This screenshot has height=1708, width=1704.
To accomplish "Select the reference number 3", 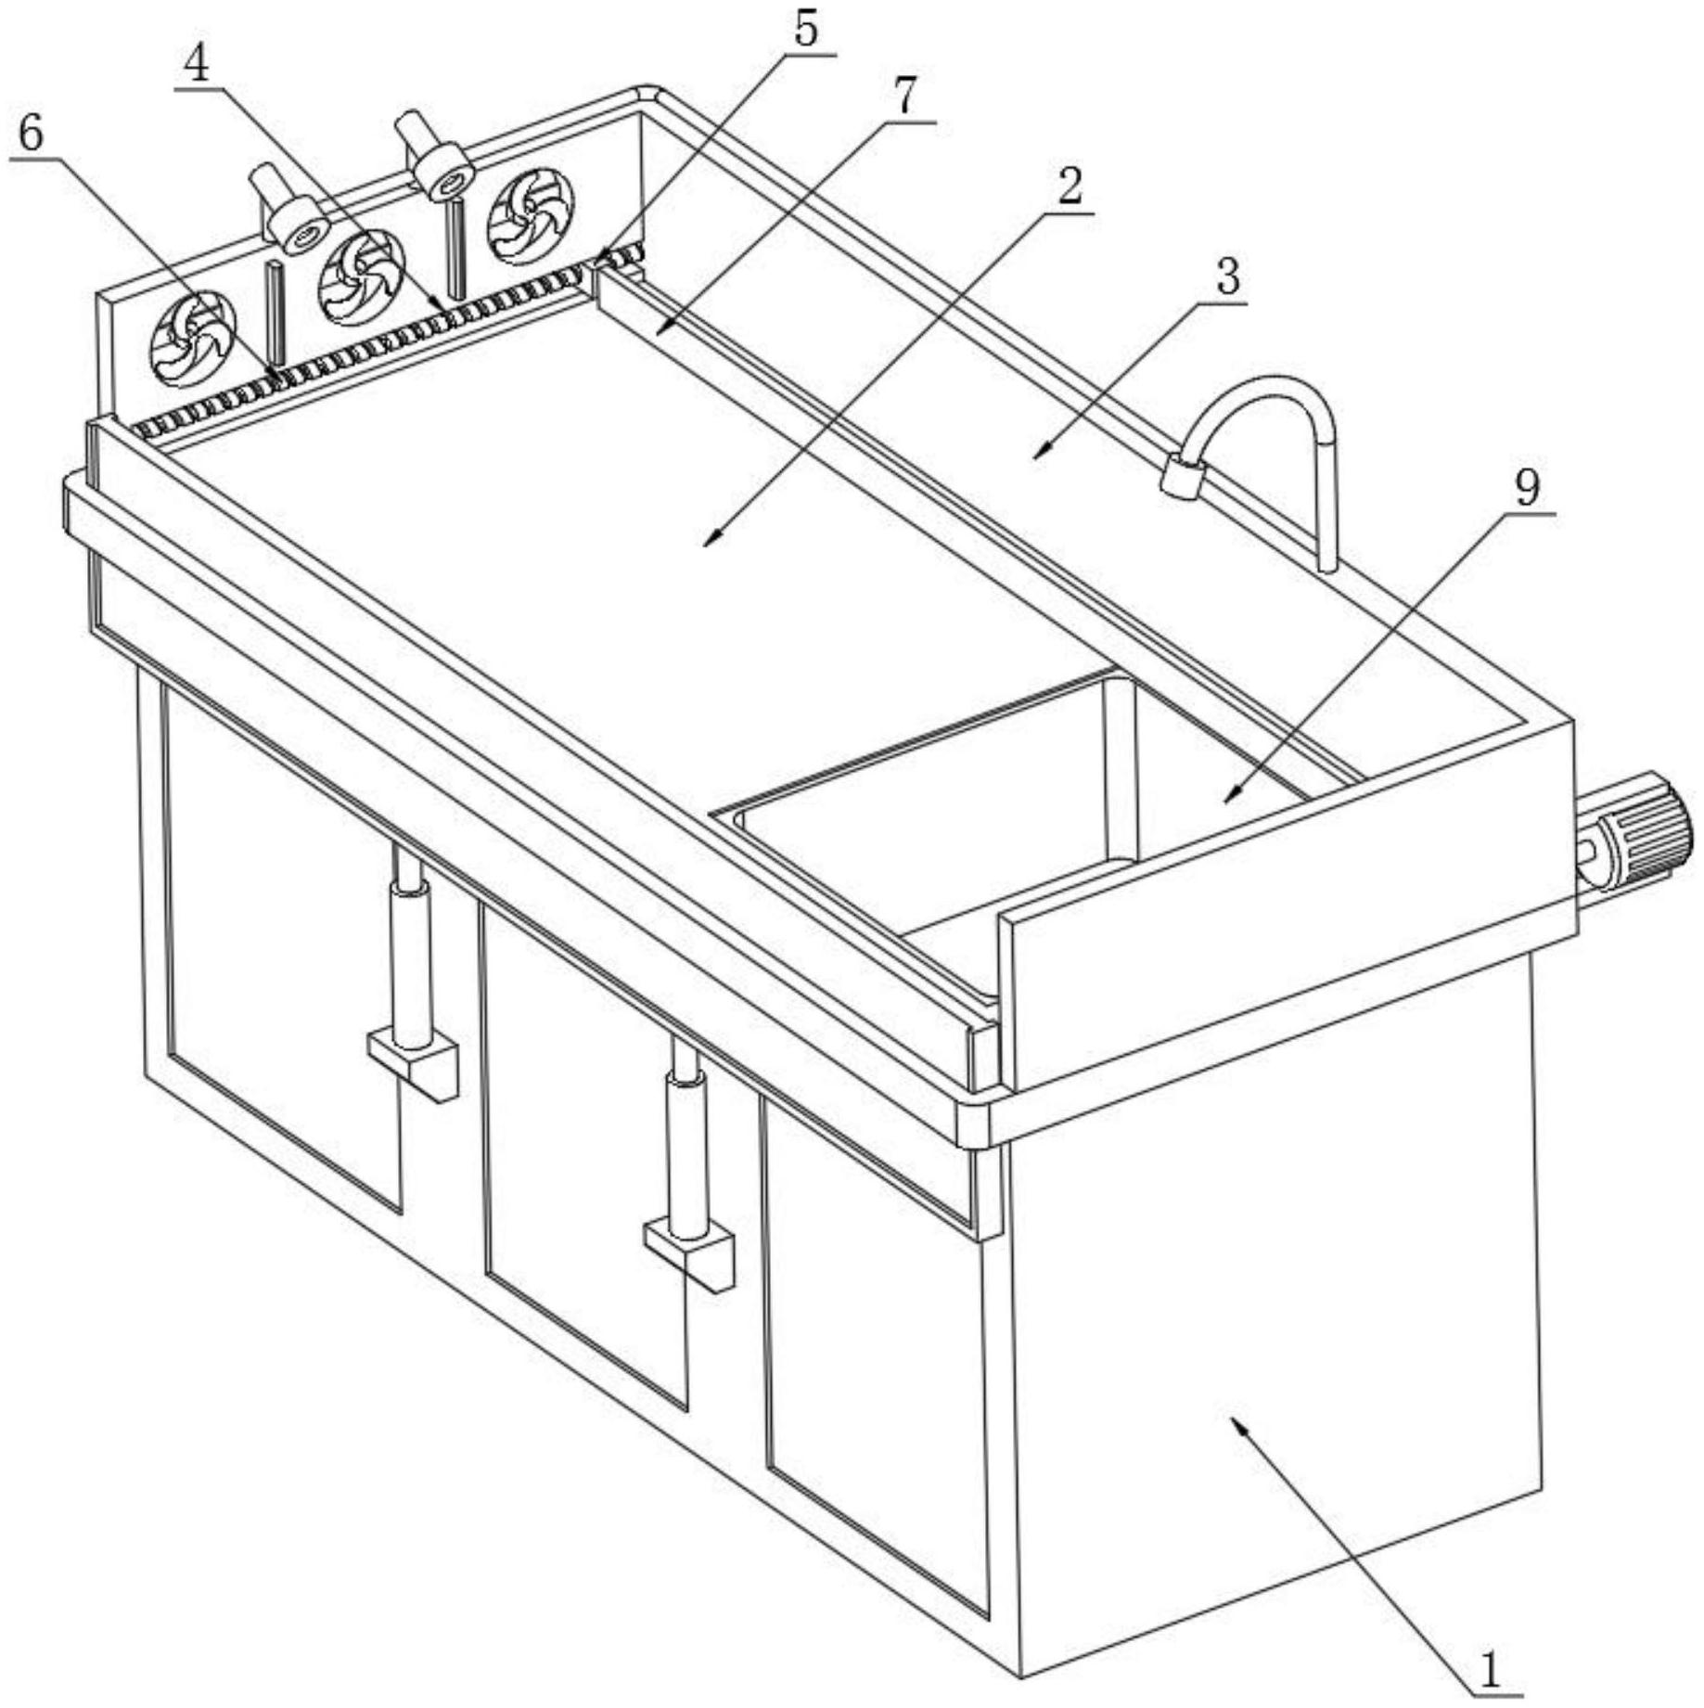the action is pyautogui.click(x=1227, y=276).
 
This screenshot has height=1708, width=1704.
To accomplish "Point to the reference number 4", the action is pyautogui.click(x=196, y=62).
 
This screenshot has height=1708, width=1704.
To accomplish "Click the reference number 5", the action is pyautogui.click(x=805, y=30).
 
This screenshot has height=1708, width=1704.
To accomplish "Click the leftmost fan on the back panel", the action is pyautogui.click(x=193, y=339).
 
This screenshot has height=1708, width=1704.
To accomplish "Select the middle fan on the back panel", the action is pyautogui.click(x=361, y=277).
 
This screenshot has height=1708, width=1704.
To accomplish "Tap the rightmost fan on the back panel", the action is pyautogui.click(x=530, y=215).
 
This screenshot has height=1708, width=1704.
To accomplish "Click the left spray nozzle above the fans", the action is pyautogui.click(x=288, y=211).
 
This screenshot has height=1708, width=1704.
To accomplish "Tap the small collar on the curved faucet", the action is pyautogui.click(x=1183, y=477).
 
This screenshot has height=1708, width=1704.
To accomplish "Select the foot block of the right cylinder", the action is pyautogui.click(x=689, y=1253).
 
